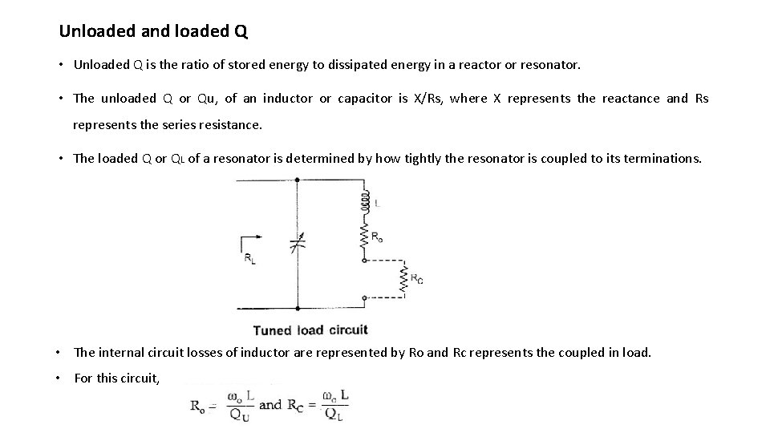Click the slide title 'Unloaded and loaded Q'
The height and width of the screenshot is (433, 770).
(153, 32)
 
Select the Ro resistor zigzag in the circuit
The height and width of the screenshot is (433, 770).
(365, 237)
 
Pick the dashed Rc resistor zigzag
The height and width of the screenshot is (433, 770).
(404, 279)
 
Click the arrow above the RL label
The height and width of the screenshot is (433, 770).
(251, 238)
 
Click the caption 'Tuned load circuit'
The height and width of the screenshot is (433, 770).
(310, 330)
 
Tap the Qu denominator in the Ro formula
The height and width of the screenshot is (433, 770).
(238, 415)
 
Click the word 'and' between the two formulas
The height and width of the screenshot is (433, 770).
(270, 404)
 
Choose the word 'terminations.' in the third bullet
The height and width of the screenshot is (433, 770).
(663, 158)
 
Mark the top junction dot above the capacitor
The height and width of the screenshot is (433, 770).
(298, 179)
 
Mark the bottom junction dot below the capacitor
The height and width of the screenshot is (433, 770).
(298, 307)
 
